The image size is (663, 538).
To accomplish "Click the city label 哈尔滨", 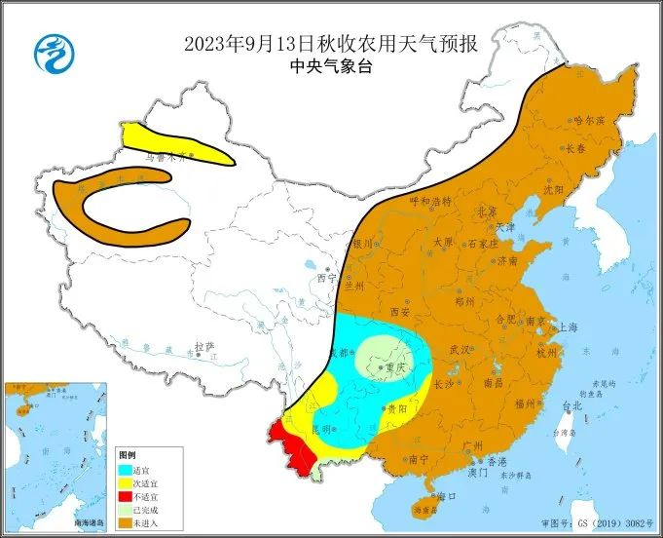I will tap(590, 121).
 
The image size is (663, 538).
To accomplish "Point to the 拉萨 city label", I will tap(203, 347).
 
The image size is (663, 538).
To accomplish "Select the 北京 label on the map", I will tap(487, 211).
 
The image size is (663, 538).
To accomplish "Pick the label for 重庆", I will tap(395, 367).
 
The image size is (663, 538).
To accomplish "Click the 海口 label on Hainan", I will tap(448, 496).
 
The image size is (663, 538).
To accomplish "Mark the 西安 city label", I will tap(399, 312).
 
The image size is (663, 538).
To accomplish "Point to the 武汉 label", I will tap(460, 349).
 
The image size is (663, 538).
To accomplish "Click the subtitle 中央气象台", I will tap(331, 66).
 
